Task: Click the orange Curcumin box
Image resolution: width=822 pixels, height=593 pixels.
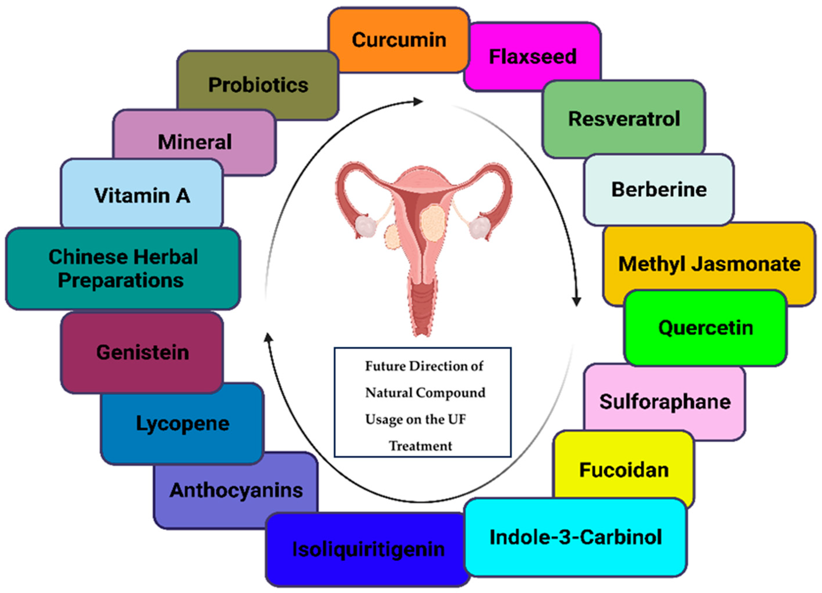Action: [399, 40]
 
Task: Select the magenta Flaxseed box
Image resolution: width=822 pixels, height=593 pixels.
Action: [533, 56]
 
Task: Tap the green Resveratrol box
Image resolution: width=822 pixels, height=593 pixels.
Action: [623, 119]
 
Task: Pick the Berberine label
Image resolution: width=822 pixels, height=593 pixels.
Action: [659, 189]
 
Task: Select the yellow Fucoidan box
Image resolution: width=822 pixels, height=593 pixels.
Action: [624, 470]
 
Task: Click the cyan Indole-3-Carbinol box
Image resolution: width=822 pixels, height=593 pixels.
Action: [575, 537]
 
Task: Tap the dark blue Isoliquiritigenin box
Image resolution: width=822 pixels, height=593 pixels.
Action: [368, 549]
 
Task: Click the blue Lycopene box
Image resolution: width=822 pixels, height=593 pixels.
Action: [182, 423]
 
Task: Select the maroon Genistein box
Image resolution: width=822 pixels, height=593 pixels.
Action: [142, 352]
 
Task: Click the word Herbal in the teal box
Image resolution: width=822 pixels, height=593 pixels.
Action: [167, 257]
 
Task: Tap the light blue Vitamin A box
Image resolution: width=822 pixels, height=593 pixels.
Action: [142, 195]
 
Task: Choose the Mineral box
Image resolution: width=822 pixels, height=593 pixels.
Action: [195, 142]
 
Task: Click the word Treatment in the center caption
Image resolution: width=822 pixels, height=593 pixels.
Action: [420, 446]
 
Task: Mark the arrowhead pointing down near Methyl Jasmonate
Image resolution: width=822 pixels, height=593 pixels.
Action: [576, 301]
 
